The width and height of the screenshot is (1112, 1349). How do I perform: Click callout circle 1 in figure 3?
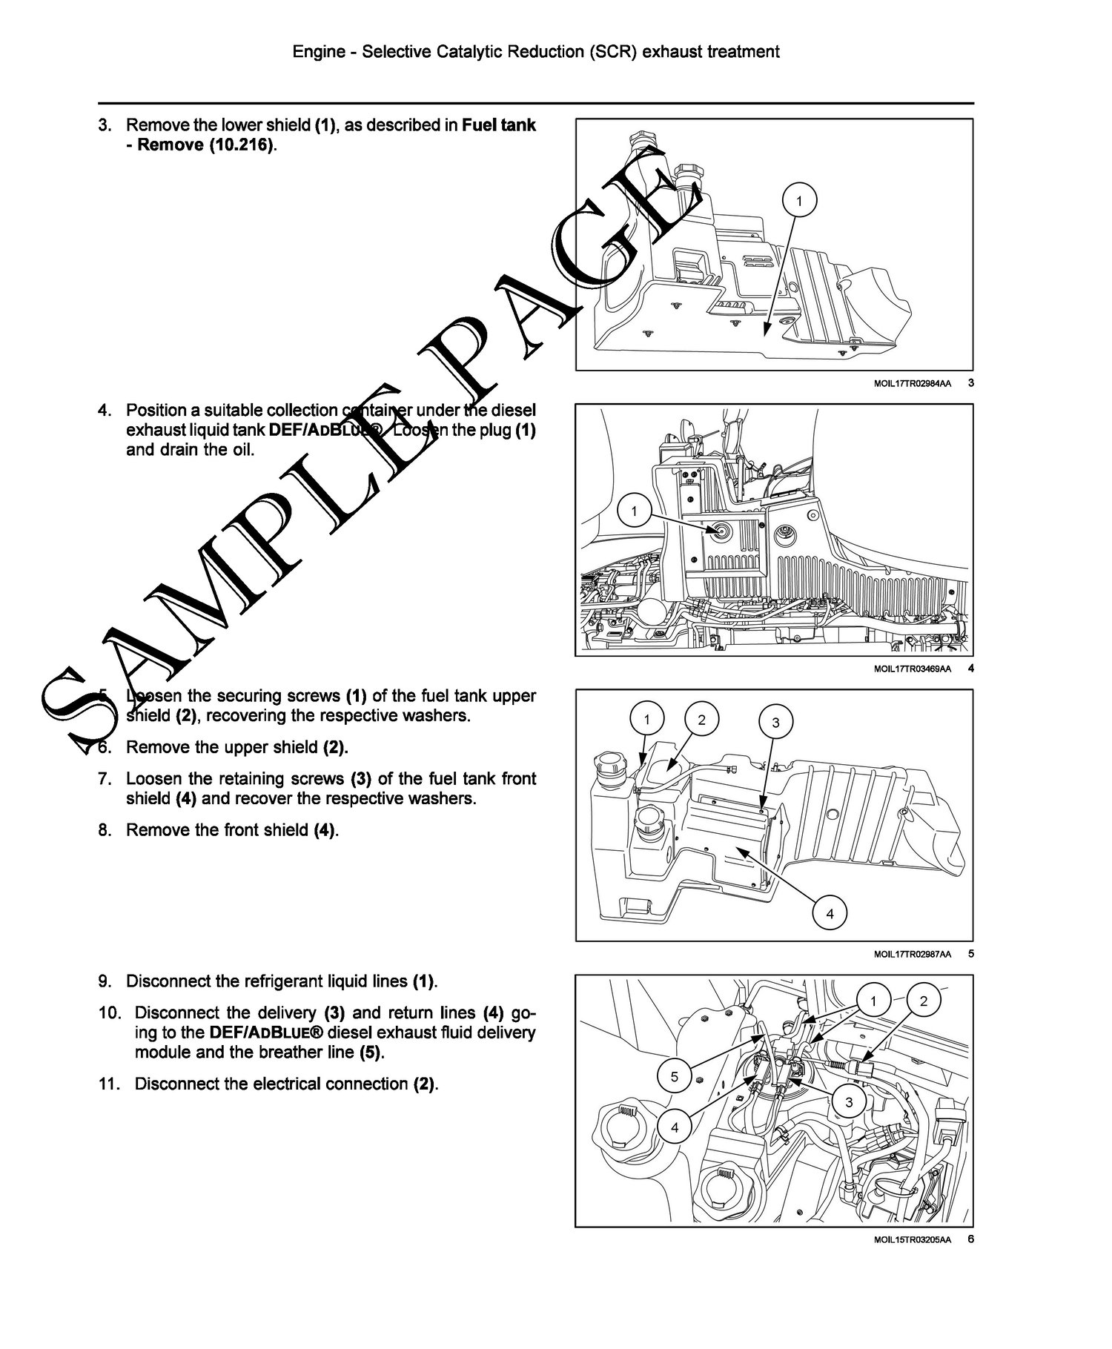click(799, 200)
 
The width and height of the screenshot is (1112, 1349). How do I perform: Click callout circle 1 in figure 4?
click(634, 510)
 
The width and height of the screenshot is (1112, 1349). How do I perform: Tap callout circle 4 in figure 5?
click(830, 914)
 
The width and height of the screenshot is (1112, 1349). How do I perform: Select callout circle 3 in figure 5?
click(775, 722)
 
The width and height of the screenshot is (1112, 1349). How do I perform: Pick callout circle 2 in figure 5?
click(702, 719)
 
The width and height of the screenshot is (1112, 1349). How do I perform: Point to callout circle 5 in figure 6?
click(674, 1076)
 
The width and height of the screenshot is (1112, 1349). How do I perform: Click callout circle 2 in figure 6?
click(923, 1001)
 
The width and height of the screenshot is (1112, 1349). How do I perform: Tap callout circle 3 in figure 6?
click(849, 1102)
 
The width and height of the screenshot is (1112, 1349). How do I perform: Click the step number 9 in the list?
click(105, 981)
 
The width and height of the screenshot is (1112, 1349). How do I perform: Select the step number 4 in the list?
click(105, 410)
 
